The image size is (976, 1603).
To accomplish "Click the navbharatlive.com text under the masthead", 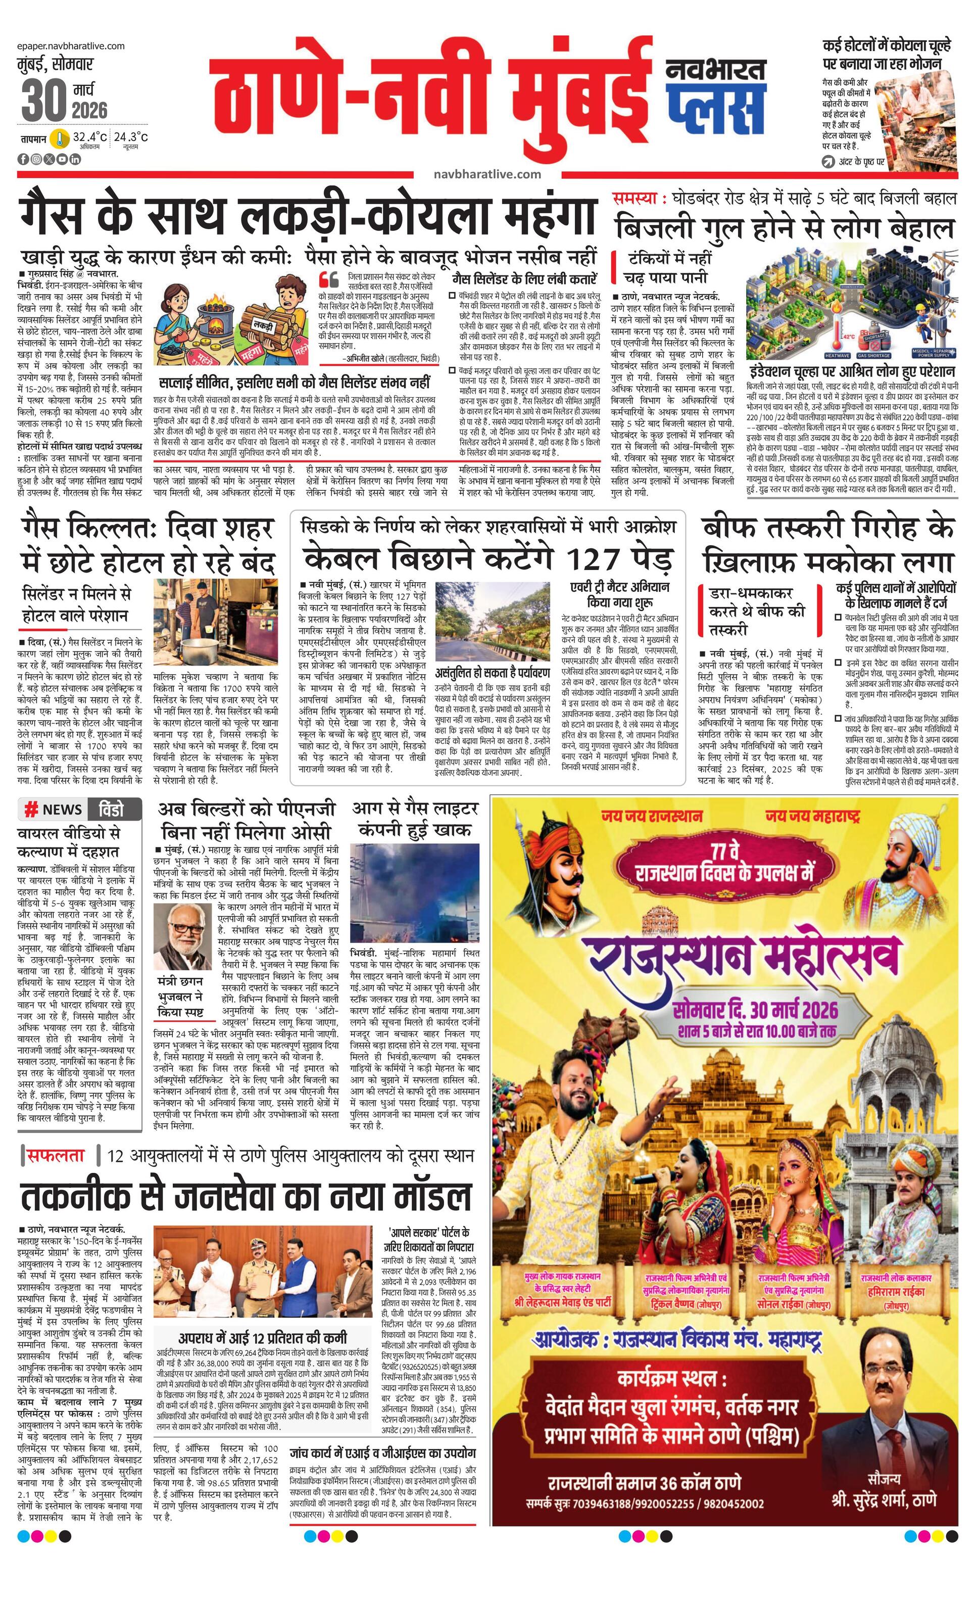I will (x=487, y=174).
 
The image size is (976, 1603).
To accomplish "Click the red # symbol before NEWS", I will (x=30, y=809).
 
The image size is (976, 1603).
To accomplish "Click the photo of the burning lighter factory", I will (x=414, y=890).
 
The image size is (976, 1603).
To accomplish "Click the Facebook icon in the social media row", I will (x=23, y=159).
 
